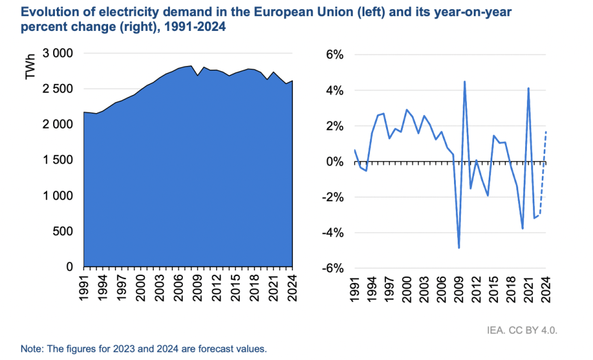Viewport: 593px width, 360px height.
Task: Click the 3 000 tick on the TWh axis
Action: click(57, 53)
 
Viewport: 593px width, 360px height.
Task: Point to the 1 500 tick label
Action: click(57, 160)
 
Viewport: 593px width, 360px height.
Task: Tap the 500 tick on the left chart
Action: click(63, 231)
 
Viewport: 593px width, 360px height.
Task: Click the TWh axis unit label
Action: click(30, 67)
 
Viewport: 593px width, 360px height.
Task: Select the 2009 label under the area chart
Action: click(198, 288)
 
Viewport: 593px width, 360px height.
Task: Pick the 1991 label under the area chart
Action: click(84, 288)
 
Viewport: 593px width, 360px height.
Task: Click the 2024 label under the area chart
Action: click(292, 288)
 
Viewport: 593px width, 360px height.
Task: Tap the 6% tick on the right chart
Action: click(335, 55)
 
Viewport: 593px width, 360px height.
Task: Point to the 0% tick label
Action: click(335, 162)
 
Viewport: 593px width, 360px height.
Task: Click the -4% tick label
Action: click(333, 233)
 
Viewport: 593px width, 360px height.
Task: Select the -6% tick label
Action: click(333, 269)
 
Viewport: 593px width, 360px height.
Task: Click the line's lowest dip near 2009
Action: click(459, 248)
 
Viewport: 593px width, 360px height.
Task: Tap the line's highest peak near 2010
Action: click(465, 82)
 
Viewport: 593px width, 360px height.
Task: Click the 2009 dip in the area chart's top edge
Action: click(198, 75)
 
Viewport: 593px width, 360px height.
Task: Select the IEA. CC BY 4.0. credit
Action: click(522, 330)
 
